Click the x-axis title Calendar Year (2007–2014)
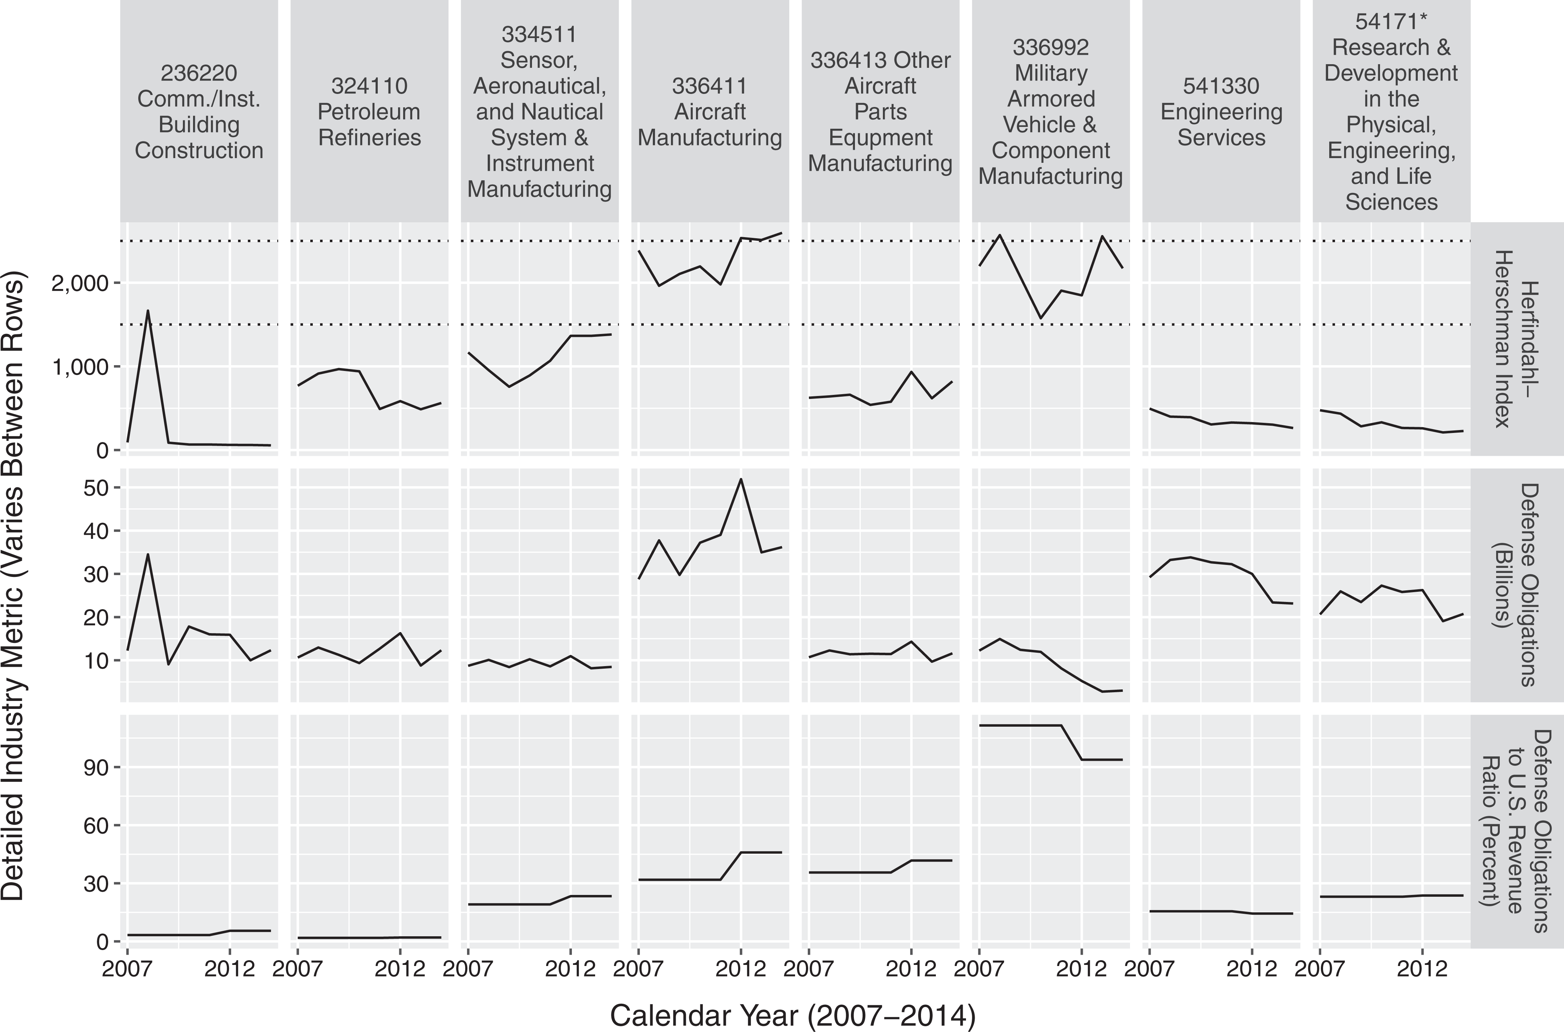793,1016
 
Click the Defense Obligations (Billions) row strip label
1516,585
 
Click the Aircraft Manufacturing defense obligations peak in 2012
741,479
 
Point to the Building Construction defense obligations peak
148,554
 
